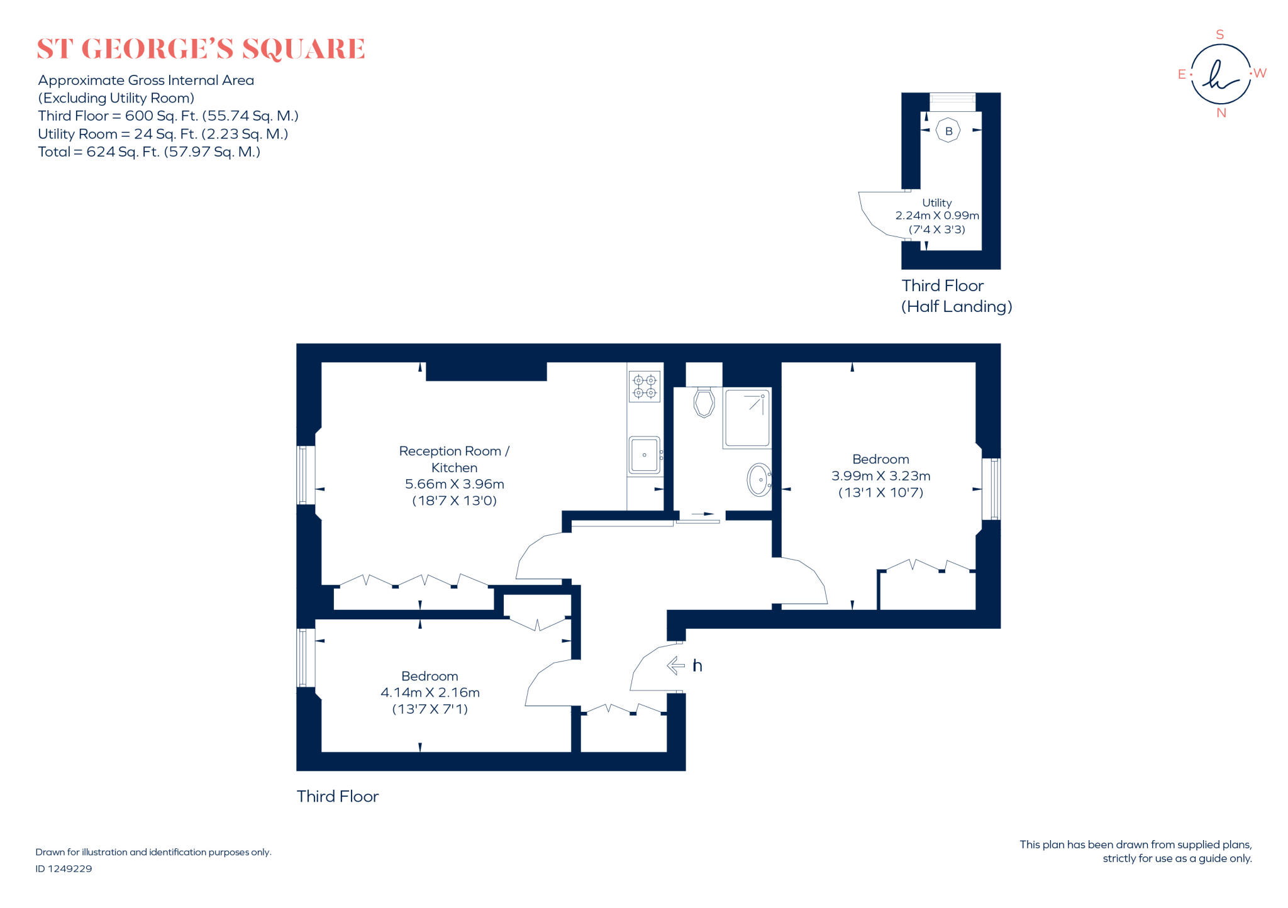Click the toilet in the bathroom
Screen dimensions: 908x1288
[704, 402]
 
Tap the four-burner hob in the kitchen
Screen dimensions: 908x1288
[645, 386]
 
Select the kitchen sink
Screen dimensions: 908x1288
[644, 455]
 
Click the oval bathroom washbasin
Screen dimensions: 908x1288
[759, 479]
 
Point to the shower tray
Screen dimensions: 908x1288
[747, 418]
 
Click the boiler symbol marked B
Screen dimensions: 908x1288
[948, 131]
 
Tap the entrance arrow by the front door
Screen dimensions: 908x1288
[676, 665]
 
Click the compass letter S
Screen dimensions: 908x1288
[1220, 35]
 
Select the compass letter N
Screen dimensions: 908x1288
[1221, 113]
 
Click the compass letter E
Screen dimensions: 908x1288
[1181, 74]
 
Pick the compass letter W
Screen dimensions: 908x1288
[1260, 73]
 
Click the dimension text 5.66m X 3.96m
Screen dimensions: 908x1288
[454, 484]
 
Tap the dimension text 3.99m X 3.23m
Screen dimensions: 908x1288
[880, 476]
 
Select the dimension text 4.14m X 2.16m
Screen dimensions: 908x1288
[430, 692]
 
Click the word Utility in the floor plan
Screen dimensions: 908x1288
[936, 202]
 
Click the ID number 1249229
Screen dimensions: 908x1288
[70, 868]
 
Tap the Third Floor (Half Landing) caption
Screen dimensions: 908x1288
[956, 296]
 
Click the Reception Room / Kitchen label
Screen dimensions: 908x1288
[454, 459]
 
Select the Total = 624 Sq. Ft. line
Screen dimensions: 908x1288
[149, 152]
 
